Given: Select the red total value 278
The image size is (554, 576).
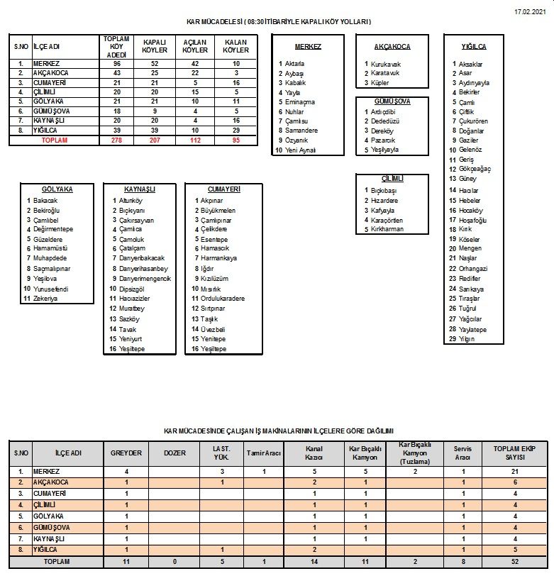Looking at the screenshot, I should [116, 140].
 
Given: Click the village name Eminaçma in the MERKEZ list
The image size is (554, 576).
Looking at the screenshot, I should [299, 102].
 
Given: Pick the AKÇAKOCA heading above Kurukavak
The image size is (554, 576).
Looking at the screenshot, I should [392, 47].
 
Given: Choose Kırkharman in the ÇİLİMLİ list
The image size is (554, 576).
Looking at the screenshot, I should [387, 229].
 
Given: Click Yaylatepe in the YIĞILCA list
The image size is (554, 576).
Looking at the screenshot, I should [472, 329].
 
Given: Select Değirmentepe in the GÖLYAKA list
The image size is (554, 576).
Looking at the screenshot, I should [52, 229].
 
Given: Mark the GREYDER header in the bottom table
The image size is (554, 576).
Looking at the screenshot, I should [126, 453].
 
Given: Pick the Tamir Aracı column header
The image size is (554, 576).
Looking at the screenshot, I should [264, 453].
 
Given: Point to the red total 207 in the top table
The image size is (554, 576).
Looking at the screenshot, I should [155, 140].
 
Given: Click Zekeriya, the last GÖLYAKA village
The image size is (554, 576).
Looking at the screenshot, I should [45, 299].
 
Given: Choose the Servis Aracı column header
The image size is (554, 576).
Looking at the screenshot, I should [462, 453].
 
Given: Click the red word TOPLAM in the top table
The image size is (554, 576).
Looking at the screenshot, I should [55, 140].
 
